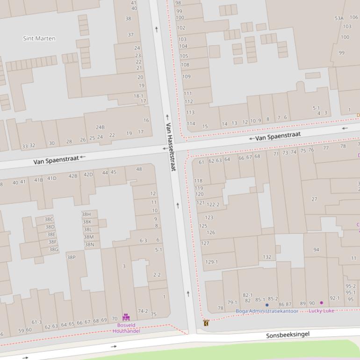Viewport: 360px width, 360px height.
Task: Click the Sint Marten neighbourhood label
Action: click(39, 38)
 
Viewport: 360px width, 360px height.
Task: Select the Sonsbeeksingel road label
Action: click(288, 335)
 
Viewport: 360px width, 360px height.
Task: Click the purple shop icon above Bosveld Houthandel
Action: click(126, 317)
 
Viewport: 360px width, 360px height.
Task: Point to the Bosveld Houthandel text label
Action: click(126, 328)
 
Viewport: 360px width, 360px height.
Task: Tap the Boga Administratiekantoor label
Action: click(266, 311)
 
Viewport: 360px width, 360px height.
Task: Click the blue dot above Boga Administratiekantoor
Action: click(267, 305)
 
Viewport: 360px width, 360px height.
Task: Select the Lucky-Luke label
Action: click(321, 310)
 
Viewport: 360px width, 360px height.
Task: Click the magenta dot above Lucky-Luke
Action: click(321, 303)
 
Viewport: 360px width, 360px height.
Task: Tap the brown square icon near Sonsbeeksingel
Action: click(206, 323)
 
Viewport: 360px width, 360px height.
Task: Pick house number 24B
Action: click(100, 127)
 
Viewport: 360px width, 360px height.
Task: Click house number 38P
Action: click(71, 257)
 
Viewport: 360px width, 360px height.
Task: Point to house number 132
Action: click(267, 257)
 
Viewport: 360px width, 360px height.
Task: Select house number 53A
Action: click(339, 18)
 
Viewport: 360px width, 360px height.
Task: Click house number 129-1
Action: click(211, 262)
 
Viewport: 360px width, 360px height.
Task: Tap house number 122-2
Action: click(213, 204)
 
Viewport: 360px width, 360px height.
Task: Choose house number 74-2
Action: click(143, 311)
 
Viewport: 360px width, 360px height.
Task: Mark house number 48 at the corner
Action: click(139, 169)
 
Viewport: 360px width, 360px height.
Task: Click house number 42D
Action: click(88, 174)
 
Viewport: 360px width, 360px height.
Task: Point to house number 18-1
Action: click(138, 96)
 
